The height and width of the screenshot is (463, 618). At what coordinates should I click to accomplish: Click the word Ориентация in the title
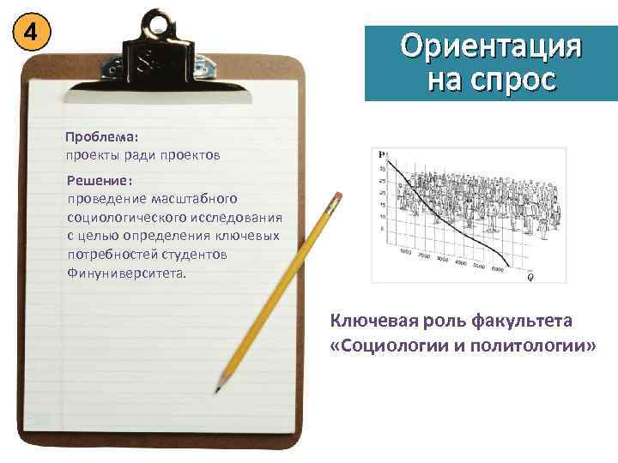491,46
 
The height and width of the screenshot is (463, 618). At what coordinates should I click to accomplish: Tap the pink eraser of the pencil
336,199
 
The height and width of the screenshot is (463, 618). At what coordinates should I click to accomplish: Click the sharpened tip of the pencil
217,391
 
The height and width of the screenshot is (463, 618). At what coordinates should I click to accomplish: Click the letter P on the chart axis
381,154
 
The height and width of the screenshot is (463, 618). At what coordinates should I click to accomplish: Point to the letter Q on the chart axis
530,276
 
